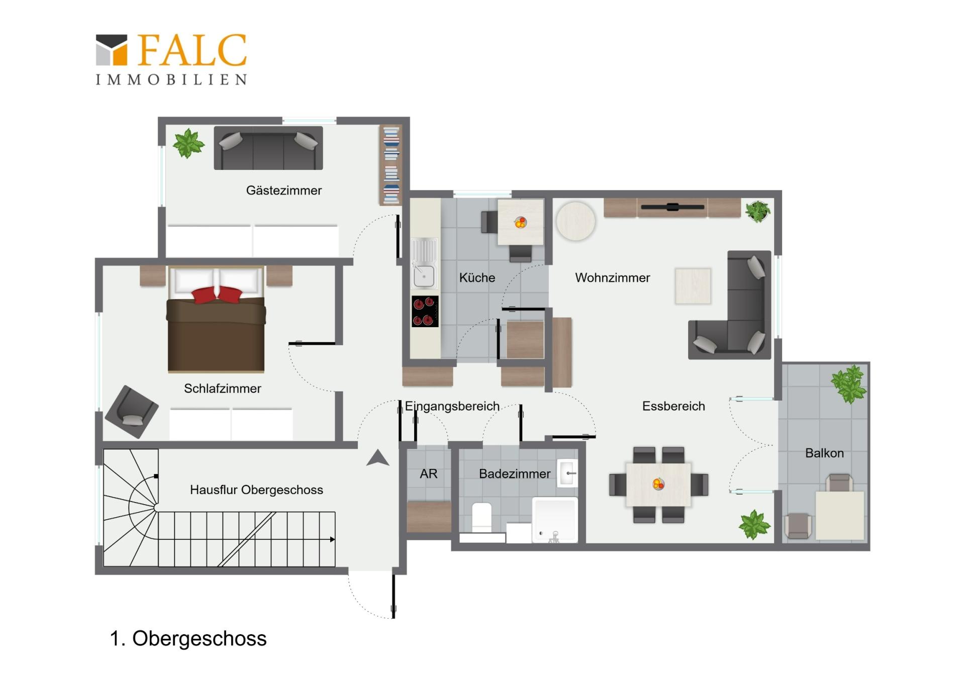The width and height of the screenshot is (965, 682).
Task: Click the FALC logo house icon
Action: coord(112,50)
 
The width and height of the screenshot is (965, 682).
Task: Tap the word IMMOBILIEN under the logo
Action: coord(171,79)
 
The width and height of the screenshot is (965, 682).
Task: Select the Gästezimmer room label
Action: coord(283,190)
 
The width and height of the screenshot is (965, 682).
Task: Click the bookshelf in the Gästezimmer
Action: coord(391,165)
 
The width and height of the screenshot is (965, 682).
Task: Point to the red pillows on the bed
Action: coord(217,295)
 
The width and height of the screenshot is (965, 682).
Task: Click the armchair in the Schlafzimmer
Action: coord(132,411)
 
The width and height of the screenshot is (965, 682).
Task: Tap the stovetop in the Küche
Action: coord(425,311)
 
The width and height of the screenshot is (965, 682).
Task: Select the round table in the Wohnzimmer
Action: coord(575,221)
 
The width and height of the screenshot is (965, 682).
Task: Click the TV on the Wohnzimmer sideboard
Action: coord(672,207)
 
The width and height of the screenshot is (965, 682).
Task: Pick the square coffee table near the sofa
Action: coord(693,286)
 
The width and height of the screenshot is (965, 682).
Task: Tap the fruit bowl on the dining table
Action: coord(658,484)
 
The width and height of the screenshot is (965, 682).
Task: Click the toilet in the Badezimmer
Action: coord(481,517)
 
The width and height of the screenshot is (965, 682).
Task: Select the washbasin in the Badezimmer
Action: coord(567,473)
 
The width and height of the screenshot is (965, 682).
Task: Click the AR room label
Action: coord(428,473)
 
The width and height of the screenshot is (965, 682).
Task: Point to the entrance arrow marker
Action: coord(378,458)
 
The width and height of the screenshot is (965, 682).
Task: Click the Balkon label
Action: coord(824,453)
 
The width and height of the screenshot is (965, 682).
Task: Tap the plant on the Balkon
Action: coord(849,384)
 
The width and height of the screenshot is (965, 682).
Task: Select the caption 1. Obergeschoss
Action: coord(188,639)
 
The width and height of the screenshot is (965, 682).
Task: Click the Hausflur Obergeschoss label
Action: coord(256,490)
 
